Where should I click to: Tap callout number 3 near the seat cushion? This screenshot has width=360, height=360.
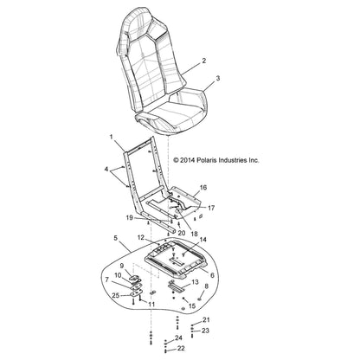tap(218, 78)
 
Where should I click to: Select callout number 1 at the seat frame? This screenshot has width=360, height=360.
tap(112, 138)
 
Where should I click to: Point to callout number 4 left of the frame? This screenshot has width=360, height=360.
tap(106, 169)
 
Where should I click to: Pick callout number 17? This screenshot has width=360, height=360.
tap(211, 208)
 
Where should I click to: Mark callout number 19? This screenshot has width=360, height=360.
tap(130, 217)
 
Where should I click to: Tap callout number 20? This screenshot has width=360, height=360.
tap(182, 233)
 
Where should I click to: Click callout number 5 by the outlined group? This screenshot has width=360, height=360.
tap(116, 238)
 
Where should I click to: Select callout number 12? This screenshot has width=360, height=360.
tap(140, 237)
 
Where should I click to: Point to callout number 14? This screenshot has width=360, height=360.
tap(203, 240)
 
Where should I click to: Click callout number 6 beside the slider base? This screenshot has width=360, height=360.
tap(213, 275)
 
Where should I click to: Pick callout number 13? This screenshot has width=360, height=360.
tap(196, 282)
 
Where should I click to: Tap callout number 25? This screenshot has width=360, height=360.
tap(115, 296)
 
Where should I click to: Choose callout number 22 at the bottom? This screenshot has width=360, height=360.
tap(181, 349)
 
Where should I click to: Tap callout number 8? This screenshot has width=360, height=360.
tap(206, 286)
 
